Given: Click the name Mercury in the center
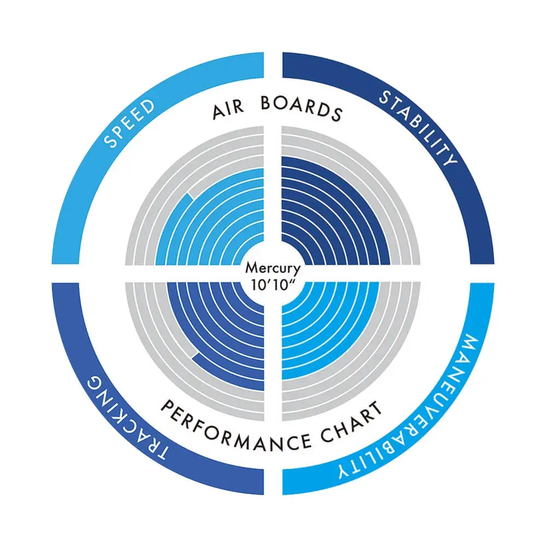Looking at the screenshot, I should [x=272, y=269].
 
